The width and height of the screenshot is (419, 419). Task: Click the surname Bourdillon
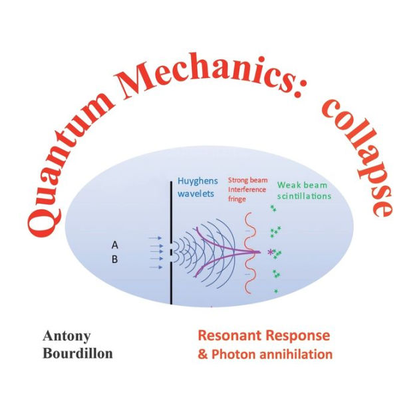tap(78, 353)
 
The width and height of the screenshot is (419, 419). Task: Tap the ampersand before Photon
tap(203, 354)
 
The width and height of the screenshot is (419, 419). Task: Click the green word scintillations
tap(304, 196)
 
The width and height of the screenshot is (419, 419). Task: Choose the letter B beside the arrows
tap(114, 259)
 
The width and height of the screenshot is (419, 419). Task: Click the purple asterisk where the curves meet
tap(269, 252)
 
